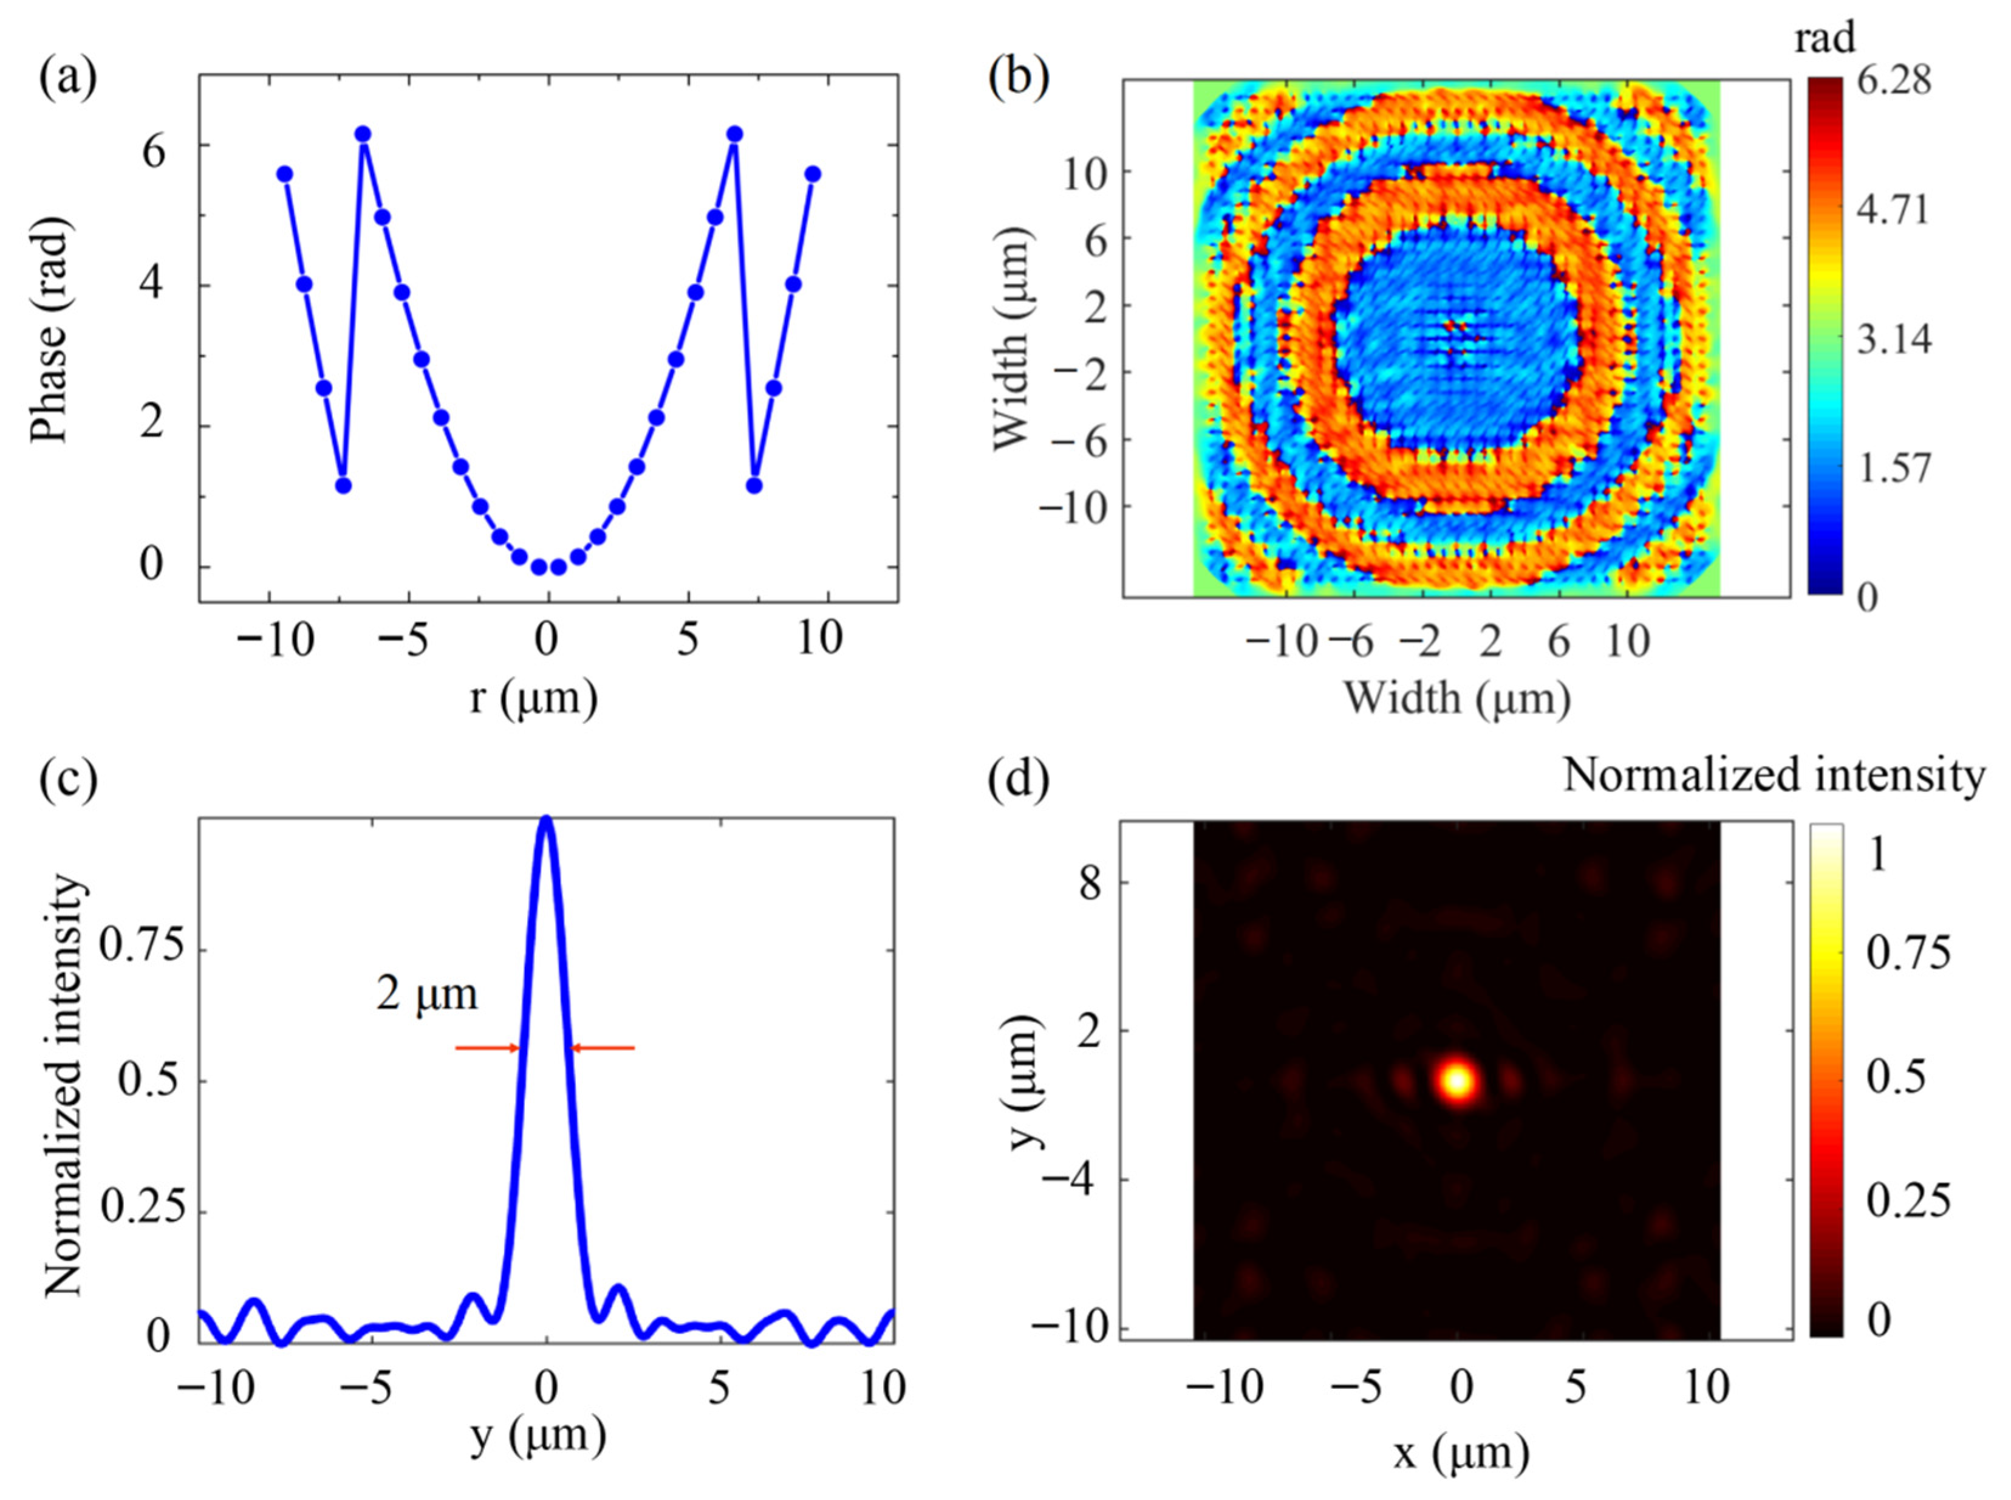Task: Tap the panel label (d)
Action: pos(1017,780)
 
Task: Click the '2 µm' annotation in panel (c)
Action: pos(426,994)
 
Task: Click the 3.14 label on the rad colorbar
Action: pos(1894,340)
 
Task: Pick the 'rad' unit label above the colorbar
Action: pos(1826,39)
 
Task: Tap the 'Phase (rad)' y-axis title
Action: pos(50,334)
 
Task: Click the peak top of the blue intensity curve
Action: pos(545,820)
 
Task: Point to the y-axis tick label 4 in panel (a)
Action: pos(152,285)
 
